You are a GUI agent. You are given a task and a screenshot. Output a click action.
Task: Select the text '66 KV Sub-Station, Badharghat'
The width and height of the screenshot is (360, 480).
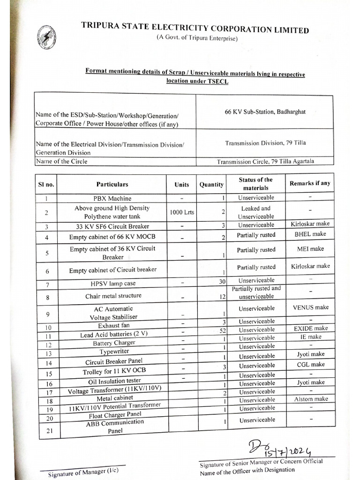[x=265, y=112]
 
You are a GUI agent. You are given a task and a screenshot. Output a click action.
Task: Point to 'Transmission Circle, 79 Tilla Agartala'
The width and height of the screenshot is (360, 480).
[x=265, y=161]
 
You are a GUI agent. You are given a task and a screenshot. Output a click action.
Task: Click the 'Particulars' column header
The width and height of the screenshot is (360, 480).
[x=112, y=184]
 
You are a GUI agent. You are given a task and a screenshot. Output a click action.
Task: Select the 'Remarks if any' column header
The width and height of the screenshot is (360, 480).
[x=310, y=183]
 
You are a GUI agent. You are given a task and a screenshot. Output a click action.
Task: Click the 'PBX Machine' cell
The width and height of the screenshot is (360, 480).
[x=112, y=198]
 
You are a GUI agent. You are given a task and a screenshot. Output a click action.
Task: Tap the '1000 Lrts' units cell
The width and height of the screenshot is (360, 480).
[x=181, y=212]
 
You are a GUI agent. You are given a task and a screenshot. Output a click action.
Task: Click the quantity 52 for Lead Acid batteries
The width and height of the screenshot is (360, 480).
[x=222, y=330]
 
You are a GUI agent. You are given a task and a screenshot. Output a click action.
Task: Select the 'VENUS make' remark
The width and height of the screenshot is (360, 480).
[x=310, y=307]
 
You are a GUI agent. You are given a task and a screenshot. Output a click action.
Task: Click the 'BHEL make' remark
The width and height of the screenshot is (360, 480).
[x=310, y=233]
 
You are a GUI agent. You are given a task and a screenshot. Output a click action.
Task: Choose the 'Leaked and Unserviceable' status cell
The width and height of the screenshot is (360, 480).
[x=256, y=212]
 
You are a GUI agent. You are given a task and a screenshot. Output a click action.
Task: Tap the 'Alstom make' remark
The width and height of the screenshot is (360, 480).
[x=311, y=399]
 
